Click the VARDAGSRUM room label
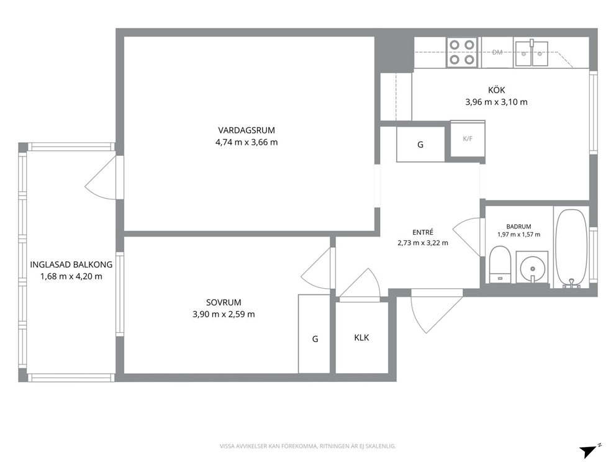tap(247, 130)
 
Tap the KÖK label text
tap(496, 90)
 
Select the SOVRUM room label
tap(224, 302)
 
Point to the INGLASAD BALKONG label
tap(71, 265)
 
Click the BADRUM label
tap(519, 227)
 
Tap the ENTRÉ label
tap(423, 233)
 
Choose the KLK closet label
tap(361, 338)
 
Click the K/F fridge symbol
tap(468, 139)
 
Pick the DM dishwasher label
tap(497, 52)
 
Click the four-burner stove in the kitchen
tap(462, 52)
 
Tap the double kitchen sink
tap(532, 53)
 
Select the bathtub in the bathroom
tap(572, 248)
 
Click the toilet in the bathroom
tap(500, 265)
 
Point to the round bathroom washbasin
tap(532, 268)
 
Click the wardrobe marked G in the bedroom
tap(314, 334)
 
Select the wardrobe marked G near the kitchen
tap(420, 144)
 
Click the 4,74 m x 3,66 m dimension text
tap(247, 142)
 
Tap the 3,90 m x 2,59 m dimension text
tap(224, 314)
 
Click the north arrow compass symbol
tap(590, 451)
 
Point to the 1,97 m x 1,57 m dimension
tap(519, 235)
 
